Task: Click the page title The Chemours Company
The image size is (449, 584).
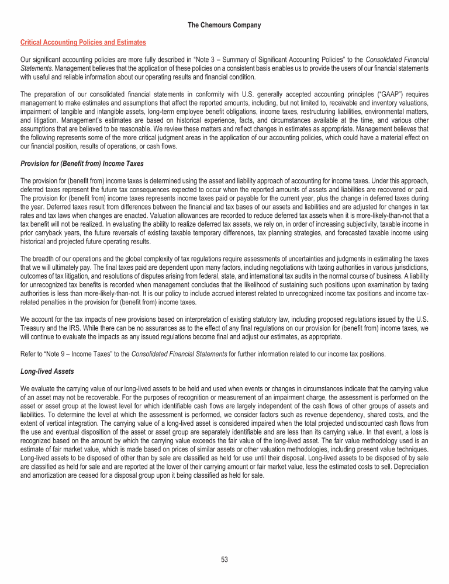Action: coord(224,25)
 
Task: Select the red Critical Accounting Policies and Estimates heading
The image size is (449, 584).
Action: coord(83,43)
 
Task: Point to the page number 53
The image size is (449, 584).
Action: coord(224,559)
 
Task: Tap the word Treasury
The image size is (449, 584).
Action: coord(34,328)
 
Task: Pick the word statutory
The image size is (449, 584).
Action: coord(252,320)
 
